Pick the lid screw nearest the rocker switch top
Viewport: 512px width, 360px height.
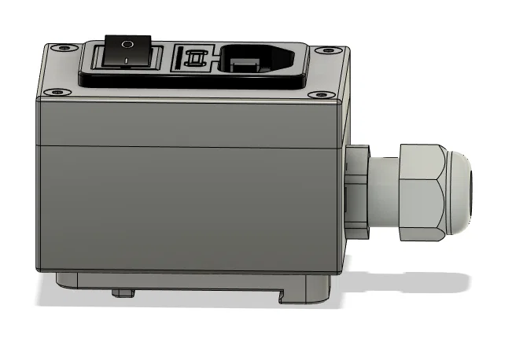coord(64,48)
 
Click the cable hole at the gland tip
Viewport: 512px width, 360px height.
coord(473,191)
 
